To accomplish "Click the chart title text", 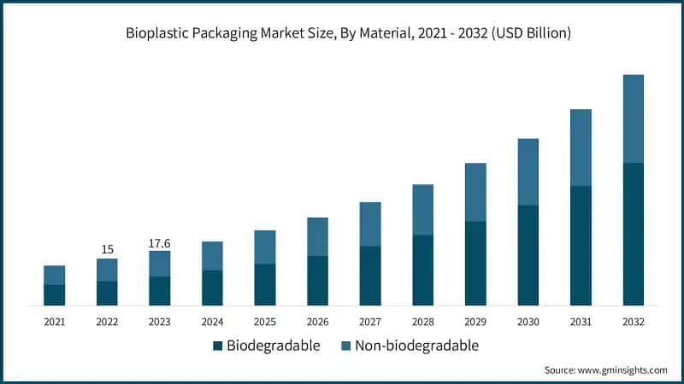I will [342, 34].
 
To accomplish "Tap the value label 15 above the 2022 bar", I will [107, 249].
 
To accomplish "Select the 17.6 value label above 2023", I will [160, 242].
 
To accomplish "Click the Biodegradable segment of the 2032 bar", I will [634, 234].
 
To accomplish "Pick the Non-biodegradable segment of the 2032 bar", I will [634, 119].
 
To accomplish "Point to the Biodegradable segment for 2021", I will [55, 295].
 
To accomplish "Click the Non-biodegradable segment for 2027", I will [370, 224].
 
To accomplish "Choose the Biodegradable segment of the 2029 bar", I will [475, 264].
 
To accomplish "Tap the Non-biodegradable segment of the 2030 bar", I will [528, 172].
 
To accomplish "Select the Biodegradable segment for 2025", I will [265, 285].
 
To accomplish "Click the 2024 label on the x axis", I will [212, 322].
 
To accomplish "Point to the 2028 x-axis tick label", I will [423, 322].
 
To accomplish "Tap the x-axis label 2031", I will [581, 322].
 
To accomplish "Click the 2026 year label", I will [317, 322].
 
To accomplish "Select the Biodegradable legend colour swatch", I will [218, 346].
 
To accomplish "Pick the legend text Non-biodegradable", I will [416, 346].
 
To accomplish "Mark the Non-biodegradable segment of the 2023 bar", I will [160, 264].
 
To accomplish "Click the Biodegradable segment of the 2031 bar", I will [581, 246].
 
